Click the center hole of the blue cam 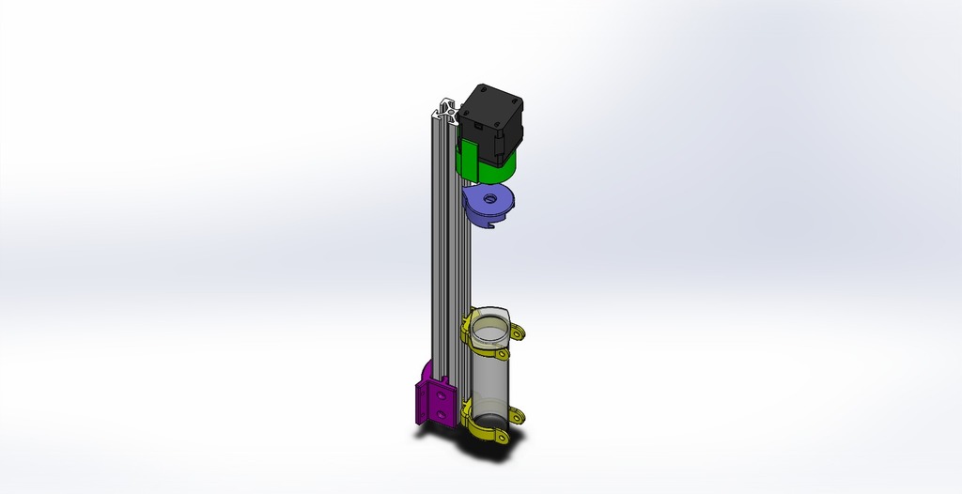point(489,198)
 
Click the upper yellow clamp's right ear point(517,332)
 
